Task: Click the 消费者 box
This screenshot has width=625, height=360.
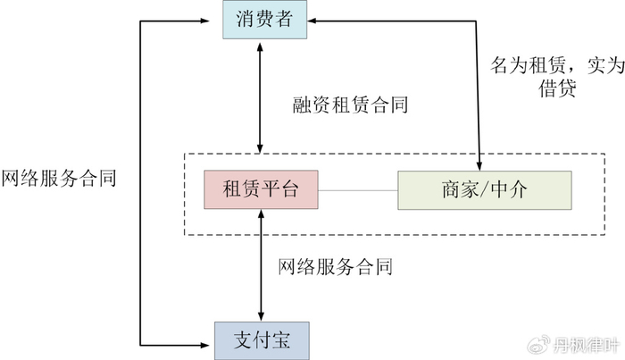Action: point(265,20)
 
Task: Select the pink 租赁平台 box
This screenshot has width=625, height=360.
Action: point(261,190)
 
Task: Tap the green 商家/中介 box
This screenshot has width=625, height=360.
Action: point(483,190)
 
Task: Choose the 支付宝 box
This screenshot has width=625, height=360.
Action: point(260,339)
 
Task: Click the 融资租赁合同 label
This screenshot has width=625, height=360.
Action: point(350,105)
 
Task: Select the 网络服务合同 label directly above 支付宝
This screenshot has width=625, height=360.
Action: point(335,265)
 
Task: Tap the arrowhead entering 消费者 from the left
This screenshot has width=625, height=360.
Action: point(215,20)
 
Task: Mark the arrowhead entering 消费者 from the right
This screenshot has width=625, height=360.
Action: point(314,20)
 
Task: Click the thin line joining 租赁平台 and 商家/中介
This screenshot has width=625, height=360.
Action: point(357,190)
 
